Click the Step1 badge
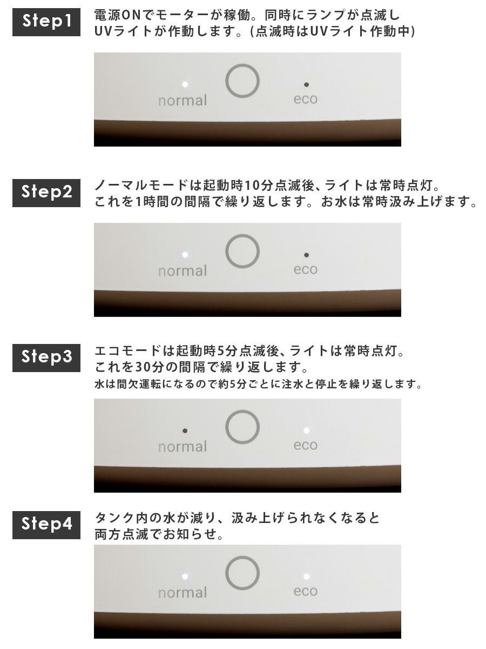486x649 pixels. (46, 22)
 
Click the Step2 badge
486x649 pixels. (46, 193)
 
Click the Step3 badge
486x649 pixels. (46, 358)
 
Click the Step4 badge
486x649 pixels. (46, 525)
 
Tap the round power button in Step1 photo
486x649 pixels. (242, 64)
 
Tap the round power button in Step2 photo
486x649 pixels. (242, 235)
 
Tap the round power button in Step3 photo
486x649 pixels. (242, 411)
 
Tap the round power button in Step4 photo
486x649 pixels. (242, 557)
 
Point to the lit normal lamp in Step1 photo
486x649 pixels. (185, 84)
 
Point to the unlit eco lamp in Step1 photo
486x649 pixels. (307, 84)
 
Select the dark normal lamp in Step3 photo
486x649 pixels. (185, 431)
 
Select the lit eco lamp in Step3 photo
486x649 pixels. (307, 431)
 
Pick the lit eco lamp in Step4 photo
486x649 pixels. (307, 577)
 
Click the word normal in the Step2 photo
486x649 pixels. (183, 271)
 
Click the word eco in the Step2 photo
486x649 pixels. (306, 270)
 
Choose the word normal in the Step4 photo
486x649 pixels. (183, 593)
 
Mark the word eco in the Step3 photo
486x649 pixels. (306, 445)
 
